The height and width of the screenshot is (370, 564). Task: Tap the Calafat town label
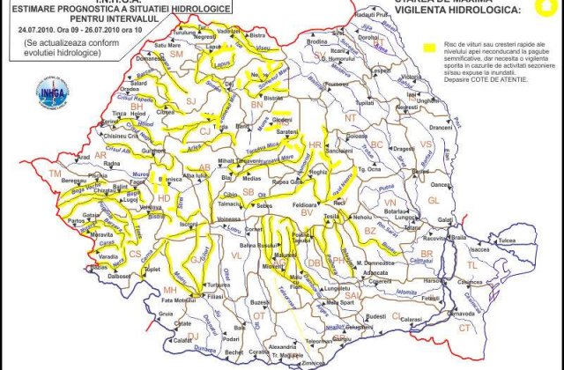pos(182,339)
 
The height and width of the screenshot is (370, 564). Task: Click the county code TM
pos(56,175)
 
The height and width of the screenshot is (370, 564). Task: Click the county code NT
pos(351,117)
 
